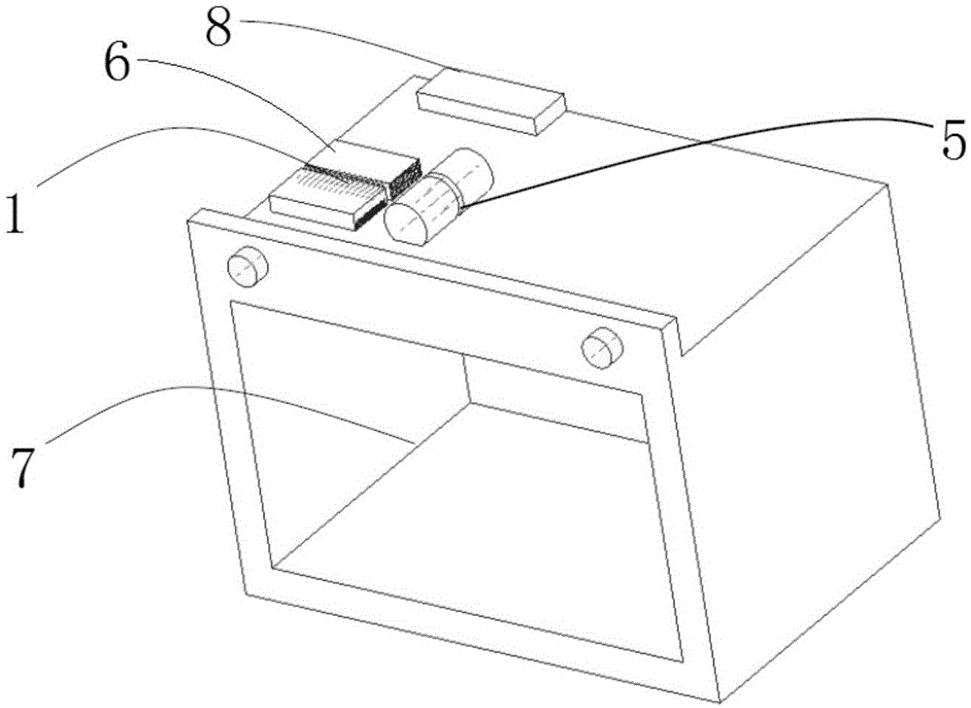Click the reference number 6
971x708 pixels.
[117, 64]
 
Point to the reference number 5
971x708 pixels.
[954, 140]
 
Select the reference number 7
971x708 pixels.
[22, 466]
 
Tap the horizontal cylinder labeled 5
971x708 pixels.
[439, 194]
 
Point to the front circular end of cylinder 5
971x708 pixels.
[405, 223]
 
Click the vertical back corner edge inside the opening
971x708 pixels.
[467, 379]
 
